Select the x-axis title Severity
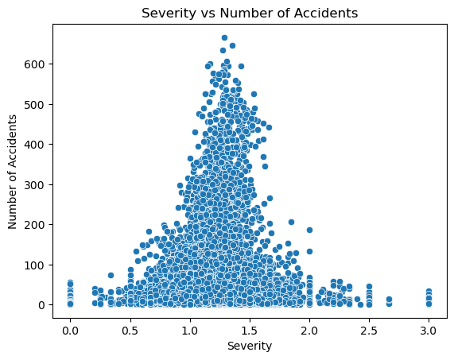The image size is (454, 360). [249, 346]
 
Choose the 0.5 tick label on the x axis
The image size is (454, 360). [130, 327]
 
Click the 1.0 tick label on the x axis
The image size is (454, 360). [189, 327]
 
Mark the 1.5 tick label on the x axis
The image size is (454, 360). [249, 327]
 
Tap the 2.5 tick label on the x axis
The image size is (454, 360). [369, 327]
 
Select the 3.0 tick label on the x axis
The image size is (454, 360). [429, 327]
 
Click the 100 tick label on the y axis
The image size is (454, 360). [35, 265]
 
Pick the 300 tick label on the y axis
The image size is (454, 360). [35, 184]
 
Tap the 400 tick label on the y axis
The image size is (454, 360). [35, 144]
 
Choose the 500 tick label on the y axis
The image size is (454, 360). [35, 104]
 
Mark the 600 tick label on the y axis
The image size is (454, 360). [35, 64]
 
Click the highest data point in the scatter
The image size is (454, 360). [224, 37]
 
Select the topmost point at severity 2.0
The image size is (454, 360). [309, 230]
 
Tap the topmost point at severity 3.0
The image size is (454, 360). [429, 292]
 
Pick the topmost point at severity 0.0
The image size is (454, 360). [70, 283]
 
